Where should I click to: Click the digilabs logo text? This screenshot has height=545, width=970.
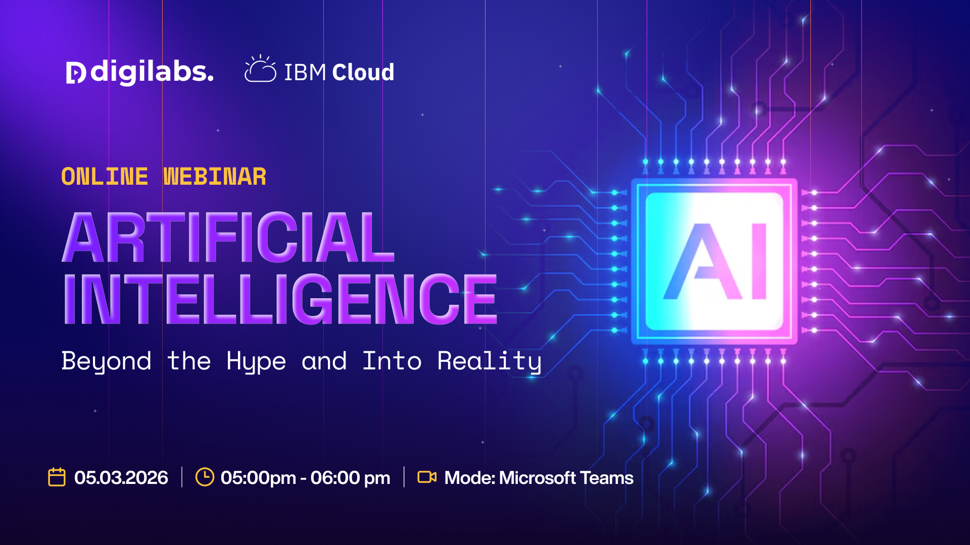(x=152, y=72)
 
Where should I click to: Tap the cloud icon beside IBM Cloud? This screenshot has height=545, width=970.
(x=260, y=69)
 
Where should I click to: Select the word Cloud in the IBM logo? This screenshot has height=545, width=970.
(x=363, y=72)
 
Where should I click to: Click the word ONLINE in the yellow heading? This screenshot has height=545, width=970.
(x=105, y=177)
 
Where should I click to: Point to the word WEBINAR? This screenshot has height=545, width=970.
(x=215, y=177)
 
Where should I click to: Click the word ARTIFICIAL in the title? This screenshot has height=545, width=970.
(x=228, y=237)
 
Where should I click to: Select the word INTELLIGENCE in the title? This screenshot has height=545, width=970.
(x=280, y=299)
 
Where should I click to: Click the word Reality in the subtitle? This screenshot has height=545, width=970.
(x=490, y=361)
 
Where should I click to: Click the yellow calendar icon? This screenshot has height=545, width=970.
(x=57, y=477)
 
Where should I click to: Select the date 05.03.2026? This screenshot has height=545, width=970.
(x=121, y=477)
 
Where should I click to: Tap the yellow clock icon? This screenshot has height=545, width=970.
(x=205, y=477)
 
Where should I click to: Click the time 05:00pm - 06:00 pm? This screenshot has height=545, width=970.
(x=305, y=478)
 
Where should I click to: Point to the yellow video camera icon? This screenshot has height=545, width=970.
(x=427, y=477)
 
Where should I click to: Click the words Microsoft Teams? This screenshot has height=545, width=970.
(x=566, y=477)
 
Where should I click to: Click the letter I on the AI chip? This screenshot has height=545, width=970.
(x=759, y=261)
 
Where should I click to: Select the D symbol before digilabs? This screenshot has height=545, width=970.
(x=76, y=73)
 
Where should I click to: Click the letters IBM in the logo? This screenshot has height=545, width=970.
(x=305, y=73)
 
